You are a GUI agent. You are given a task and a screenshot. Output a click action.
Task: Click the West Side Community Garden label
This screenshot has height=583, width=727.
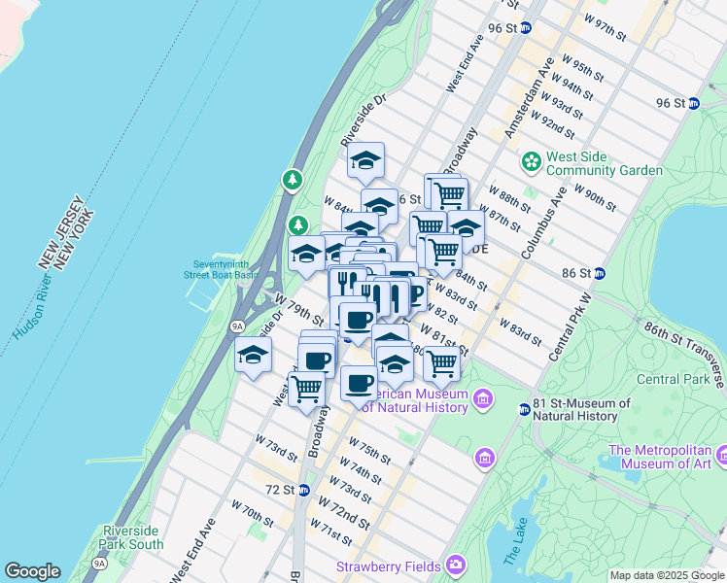[605, 163]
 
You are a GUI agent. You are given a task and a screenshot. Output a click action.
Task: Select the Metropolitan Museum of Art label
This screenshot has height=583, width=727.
[667, 457]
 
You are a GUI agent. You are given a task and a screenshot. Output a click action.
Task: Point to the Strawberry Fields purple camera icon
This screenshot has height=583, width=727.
[455, 566]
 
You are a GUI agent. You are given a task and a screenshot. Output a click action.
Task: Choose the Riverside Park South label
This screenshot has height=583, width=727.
[132, 537]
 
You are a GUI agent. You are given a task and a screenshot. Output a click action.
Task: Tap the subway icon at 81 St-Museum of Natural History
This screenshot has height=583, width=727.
[525, 410]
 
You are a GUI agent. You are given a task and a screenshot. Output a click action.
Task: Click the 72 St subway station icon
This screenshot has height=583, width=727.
[304, 490]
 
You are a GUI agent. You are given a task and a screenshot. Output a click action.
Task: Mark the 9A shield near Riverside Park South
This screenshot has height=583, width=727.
[99, 563]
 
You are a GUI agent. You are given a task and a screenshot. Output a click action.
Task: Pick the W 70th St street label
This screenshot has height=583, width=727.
[253, 510]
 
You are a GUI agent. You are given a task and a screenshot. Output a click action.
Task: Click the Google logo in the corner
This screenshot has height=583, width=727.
[32, 571]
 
